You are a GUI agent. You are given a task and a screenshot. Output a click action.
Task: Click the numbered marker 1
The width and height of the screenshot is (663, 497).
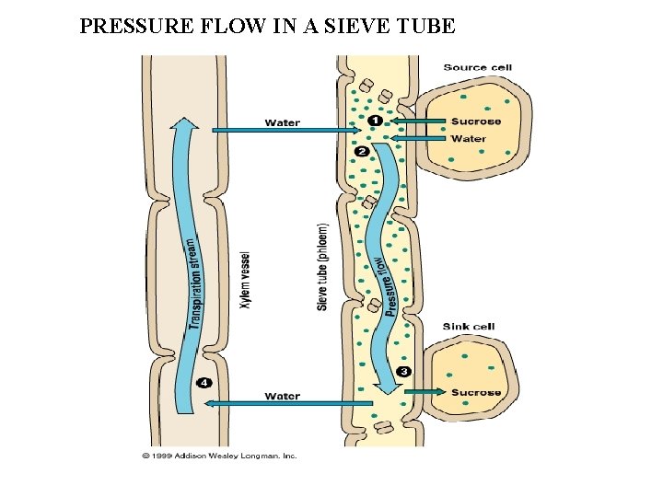(x=374, y=121)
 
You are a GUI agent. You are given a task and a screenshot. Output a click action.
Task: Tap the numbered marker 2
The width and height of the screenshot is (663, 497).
(x=361, y=151)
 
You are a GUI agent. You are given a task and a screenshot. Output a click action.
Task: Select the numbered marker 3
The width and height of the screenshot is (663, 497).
(x=403, y=371)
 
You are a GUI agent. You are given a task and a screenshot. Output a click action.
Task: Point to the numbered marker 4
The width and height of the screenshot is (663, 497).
(x=204, y=383)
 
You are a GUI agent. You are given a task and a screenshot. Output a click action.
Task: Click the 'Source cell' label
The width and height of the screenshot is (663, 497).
(x=477, y=67)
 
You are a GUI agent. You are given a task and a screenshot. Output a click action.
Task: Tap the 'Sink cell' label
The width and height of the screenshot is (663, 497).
(x=469, y=327)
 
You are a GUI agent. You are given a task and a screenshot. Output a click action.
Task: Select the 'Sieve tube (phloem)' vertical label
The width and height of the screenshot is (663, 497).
(x=322, y=266)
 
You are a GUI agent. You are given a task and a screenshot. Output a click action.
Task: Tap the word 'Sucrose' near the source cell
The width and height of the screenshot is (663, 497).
(x=476, y=121)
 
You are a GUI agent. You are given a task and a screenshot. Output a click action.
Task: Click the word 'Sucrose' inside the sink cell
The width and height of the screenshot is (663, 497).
(x=476, y=393)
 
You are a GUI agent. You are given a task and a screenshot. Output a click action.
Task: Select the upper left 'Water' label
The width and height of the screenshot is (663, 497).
(x=282, y=123)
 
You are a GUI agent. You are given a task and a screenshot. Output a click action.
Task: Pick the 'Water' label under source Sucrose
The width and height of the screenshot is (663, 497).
(x=469, y=139)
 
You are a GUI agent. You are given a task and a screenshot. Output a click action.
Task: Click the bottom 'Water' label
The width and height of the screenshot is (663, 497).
(x=282, y=397)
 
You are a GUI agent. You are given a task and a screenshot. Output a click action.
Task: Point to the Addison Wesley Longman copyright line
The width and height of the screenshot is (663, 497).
(x=218, y=456)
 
